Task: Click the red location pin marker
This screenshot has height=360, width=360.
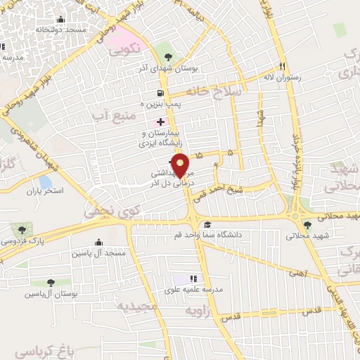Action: [180, 163]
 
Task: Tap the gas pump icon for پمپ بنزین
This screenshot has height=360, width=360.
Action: [162, 93]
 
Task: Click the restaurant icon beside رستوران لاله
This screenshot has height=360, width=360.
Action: [282, 66]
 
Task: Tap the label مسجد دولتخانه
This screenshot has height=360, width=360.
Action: [61, 31]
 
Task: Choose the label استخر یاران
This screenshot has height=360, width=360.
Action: [44, 191]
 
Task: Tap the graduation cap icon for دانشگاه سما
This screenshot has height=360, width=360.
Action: [207, 224]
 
